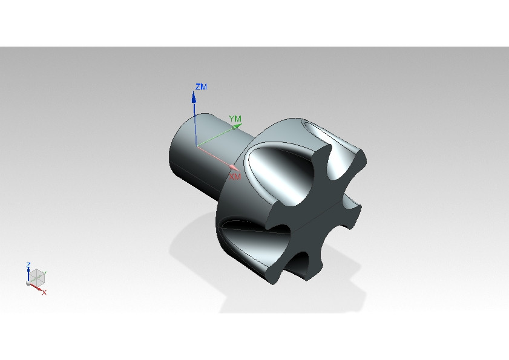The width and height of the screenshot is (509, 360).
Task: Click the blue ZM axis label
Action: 201,87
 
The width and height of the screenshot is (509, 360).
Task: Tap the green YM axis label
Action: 235,119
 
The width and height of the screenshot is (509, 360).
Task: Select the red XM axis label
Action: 235,177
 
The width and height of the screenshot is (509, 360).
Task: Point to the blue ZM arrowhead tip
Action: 194,93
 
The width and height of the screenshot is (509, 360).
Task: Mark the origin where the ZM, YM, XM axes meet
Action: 196,146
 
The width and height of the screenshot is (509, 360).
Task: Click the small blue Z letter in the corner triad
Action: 28,266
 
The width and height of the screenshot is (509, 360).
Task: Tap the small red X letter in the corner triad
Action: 44,292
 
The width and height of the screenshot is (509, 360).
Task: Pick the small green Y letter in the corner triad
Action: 45,273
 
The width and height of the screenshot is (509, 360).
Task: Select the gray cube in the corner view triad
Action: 37,277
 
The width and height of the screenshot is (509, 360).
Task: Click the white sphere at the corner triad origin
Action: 28,283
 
